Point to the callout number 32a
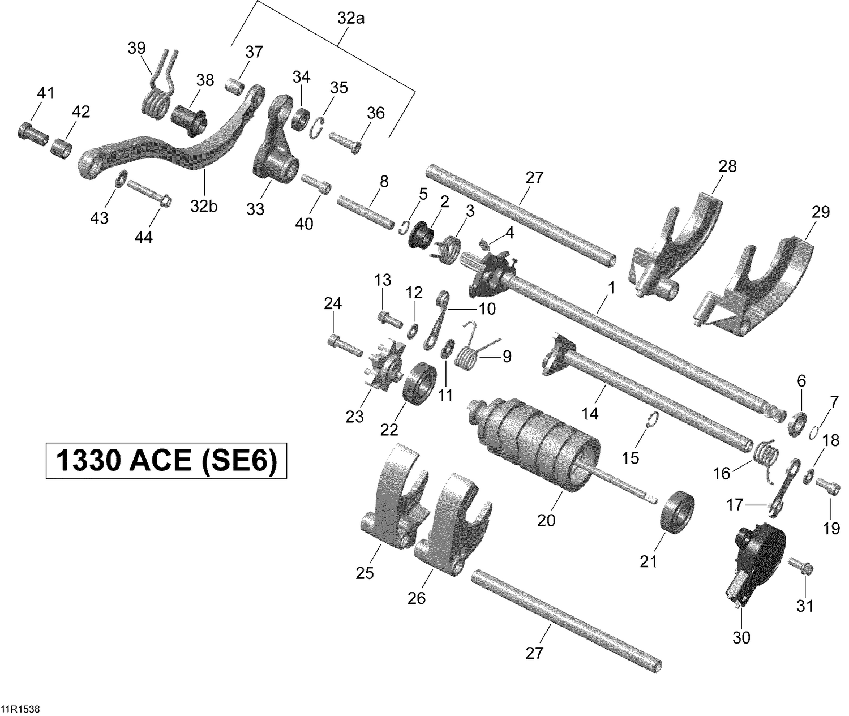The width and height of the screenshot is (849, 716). (351, 19)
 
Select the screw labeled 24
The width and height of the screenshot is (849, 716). (344, 345)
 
